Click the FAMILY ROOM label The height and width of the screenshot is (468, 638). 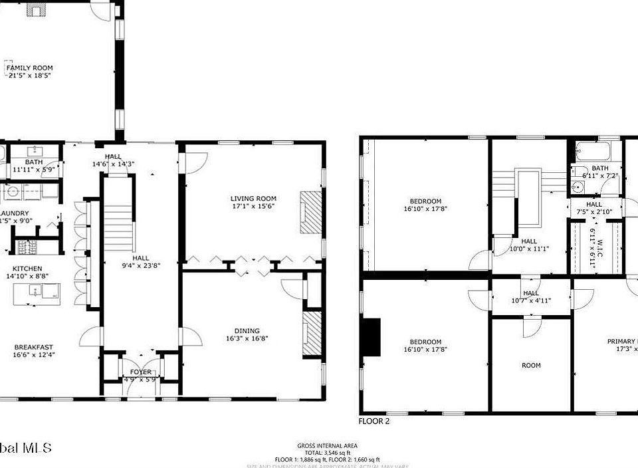point(29,68)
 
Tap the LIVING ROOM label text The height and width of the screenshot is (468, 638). point(253,198)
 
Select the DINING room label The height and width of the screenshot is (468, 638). point(247,330)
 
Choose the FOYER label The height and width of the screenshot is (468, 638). point(140,372)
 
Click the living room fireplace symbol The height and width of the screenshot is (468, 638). point(310,211)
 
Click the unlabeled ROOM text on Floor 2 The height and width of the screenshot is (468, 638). point(531,365)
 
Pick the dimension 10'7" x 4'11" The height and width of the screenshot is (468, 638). point(531,300)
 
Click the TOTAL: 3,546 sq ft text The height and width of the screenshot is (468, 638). point(328,452)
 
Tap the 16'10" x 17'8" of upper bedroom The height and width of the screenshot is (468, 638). point(425,209)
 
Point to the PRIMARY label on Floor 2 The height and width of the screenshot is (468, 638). point(622,342)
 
